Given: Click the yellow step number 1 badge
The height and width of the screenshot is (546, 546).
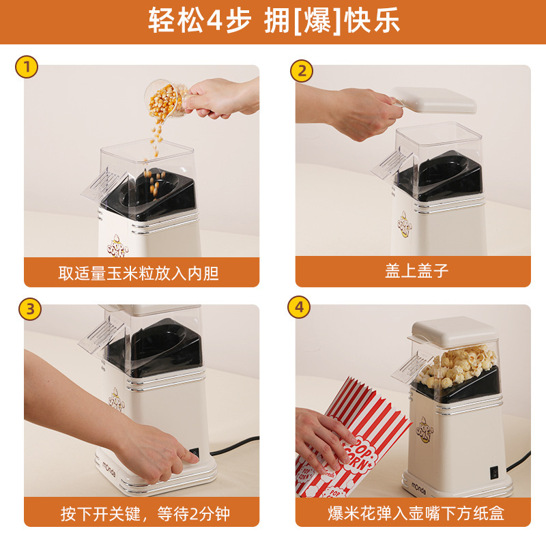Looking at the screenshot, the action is point(27,67).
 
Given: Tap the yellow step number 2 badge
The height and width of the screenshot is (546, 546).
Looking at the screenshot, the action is point(302,71).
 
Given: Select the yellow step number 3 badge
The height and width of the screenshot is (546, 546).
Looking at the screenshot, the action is point(30,309).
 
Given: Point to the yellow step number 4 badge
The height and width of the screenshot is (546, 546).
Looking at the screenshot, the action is point(299,307).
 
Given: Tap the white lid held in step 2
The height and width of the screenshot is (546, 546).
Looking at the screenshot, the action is point(433,100).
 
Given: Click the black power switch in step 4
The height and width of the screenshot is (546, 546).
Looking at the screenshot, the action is point(494,472).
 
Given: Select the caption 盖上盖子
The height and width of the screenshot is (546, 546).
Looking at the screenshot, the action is point(416,271).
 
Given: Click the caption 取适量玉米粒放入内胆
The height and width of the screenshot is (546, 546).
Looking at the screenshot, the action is point(139,273).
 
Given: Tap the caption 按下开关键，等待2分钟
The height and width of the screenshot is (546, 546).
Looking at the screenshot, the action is point(145,514).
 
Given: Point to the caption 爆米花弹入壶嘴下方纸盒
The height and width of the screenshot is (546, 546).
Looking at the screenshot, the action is point(416,513).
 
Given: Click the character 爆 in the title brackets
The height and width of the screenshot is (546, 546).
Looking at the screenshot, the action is point(317,20).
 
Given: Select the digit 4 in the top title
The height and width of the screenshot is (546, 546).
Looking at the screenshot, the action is point(215,20).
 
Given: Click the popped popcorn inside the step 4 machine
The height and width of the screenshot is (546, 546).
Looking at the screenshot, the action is point(456,364).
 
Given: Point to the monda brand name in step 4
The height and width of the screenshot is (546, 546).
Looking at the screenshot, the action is point(418,488).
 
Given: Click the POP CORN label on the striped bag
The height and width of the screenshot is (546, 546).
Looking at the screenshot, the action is point(359,452).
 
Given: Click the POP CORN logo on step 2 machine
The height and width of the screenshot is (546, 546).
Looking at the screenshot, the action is point(405,225).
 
